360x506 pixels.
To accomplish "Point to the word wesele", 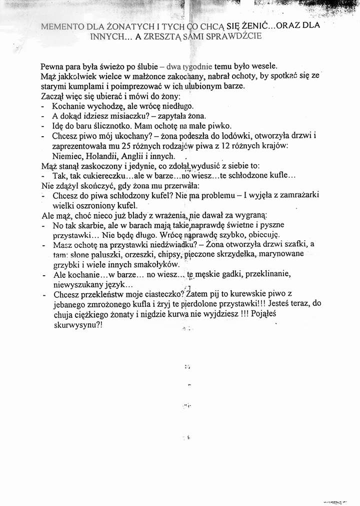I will pos(259,67).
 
